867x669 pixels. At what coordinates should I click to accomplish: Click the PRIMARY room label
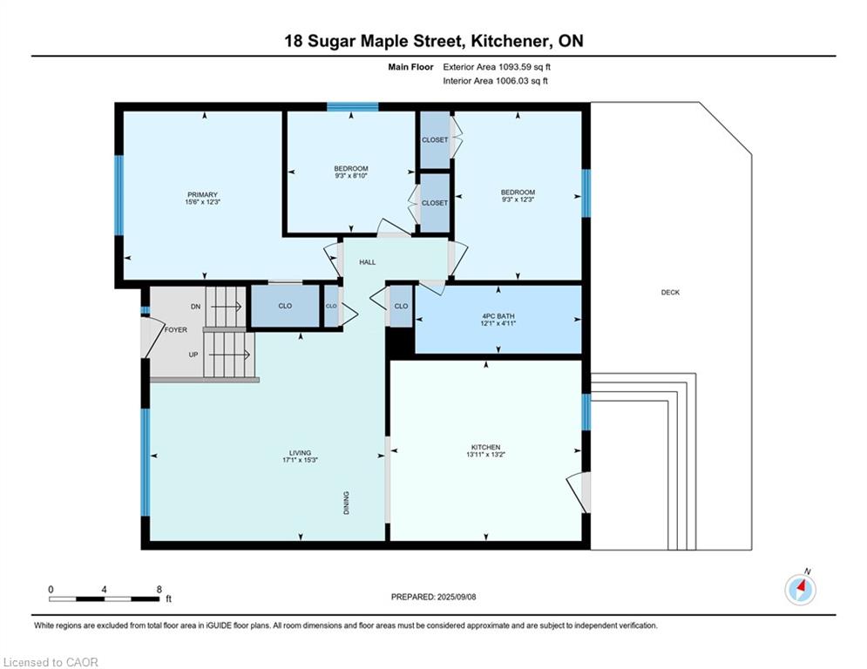(202, 194)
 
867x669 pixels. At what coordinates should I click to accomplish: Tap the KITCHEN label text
(485, 447)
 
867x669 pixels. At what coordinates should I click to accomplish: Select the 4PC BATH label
(498, 316)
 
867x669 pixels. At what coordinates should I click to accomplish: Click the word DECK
(670, 293)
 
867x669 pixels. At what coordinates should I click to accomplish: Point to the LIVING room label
(301, 453)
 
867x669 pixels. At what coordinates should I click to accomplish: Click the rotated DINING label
(347, 503)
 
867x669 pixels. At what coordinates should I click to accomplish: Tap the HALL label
(367, 262)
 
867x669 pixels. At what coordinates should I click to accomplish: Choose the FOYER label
(176, 329)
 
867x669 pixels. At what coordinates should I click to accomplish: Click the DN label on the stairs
(195, 307)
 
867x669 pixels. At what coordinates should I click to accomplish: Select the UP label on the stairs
(193, 355)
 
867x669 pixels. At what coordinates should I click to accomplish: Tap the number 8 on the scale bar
(159, 590)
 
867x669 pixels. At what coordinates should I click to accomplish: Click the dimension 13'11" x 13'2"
(485, 455)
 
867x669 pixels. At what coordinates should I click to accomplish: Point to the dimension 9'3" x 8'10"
(351, 176)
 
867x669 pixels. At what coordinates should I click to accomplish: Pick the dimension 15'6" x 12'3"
(202, 202)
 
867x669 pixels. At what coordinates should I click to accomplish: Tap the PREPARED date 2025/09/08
(457, 597)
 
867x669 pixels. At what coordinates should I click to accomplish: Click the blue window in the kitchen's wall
(586, 412)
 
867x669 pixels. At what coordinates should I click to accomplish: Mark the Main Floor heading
(410, 67)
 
